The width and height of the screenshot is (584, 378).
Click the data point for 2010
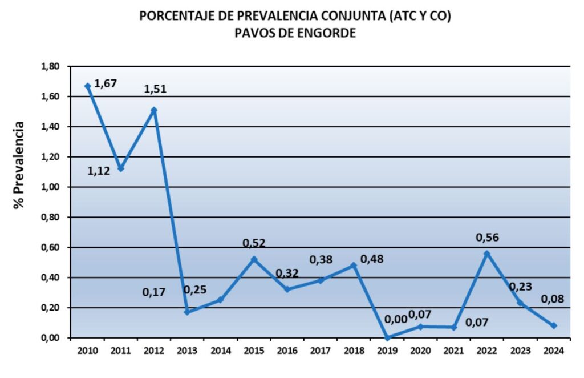pyautogui.click(x=87, y=86)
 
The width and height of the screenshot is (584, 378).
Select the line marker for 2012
pyautogui.click(x=154, y=110)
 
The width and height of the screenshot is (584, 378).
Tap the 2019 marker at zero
pyautogui.click(x=387, y=337)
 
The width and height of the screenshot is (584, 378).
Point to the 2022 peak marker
pyautogui.click(x=486, y=254)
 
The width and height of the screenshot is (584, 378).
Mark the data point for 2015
pyautogui.click(x=254, y=259)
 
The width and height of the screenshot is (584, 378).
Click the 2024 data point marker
pyautogui.click(x=553, y=325)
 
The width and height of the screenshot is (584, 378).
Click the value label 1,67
pyautogui.click(x=106, y=83)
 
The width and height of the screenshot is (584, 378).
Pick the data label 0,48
pyautogui.click(x=372, y=259)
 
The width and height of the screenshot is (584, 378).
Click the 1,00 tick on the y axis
pyautogui.click(x=50, y=187)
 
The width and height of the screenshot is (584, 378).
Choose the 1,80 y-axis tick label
pyautogui.click(x=50, y=66)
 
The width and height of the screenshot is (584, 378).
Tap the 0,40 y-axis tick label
pyautogui.click(x=50, y=278)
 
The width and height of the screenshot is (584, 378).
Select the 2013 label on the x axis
pyautogui.click(x=186, y=351)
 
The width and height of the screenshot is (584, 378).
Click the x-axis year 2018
pyautogui.click(x=354, y=351)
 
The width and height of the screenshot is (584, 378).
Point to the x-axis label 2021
pyautogui.click(x=453, y=351)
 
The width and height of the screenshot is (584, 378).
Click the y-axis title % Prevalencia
pyautogui.click(x=20, y=165)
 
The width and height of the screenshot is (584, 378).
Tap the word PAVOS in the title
pyautogui.click(x=254, y=33)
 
